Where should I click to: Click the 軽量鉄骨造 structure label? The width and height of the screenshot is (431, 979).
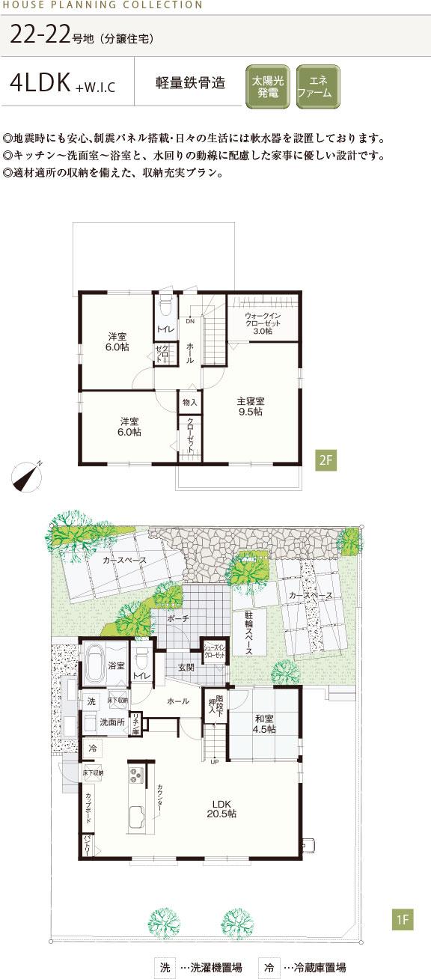pyautogui.click(x=190, y=84)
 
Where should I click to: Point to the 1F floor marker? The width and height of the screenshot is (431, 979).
pyautogui.click(x=402, y=920)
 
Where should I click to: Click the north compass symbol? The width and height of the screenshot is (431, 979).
pyautogui.click(x=27, y=475)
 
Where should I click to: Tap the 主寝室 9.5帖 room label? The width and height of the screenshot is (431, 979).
pyautogui.click(x=251, y=406)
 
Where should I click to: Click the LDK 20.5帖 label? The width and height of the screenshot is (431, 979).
pyautogui.click(x=222, y=808)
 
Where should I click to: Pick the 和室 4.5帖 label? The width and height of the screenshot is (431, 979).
pyautogui.click(x=263, y=720)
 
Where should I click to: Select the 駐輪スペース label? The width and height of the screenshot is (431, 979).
pyautogui.click(x=248, y=632)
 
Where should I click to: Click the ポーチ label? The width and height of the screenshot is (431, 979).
pyautogui.click(x=177, y=619)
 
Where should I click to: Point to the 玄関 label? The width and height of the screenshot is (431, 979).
pyautogui.click(x=186, y=667)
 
